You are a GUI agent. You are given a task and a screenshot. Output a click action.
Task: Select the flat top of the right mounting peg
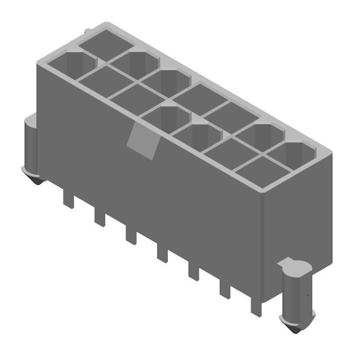click(296, 268)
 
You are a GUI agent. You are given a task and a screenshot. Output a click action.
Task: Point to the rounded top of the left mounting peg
click(31, 121)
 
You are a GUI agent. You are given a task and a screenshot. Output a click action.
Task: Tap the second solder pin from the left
click(100, 218)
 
